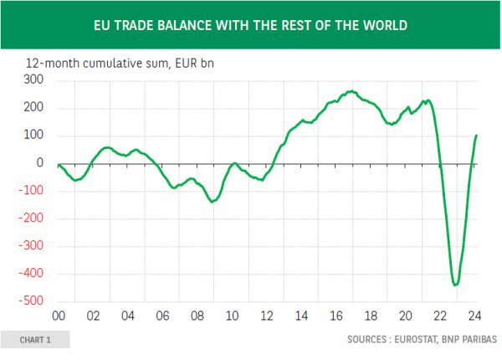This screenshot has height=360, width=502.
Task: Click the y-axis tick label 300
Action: point(34,80)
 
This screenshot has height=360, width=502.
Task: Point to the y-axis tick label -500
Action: point(31,301)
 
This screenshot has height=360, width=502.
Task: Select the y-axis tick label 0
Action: point(39,163)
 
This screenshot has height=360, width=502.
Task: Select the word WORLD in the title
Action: point(384,25)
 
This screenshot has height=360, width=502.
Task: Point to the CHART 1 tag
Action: point(35,340)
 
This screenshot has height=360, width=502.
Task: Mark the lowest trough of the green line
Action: point(455,285)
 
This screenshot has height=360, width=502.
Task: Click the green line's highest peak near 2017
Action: point(350,91)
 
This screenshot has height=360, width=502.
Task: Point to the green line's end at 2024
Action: point(477,135)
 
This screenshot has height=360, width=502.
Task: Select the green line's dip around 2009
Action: point(212,202)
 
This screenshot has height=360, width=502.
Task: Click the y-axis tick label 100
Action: point(34,136)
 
